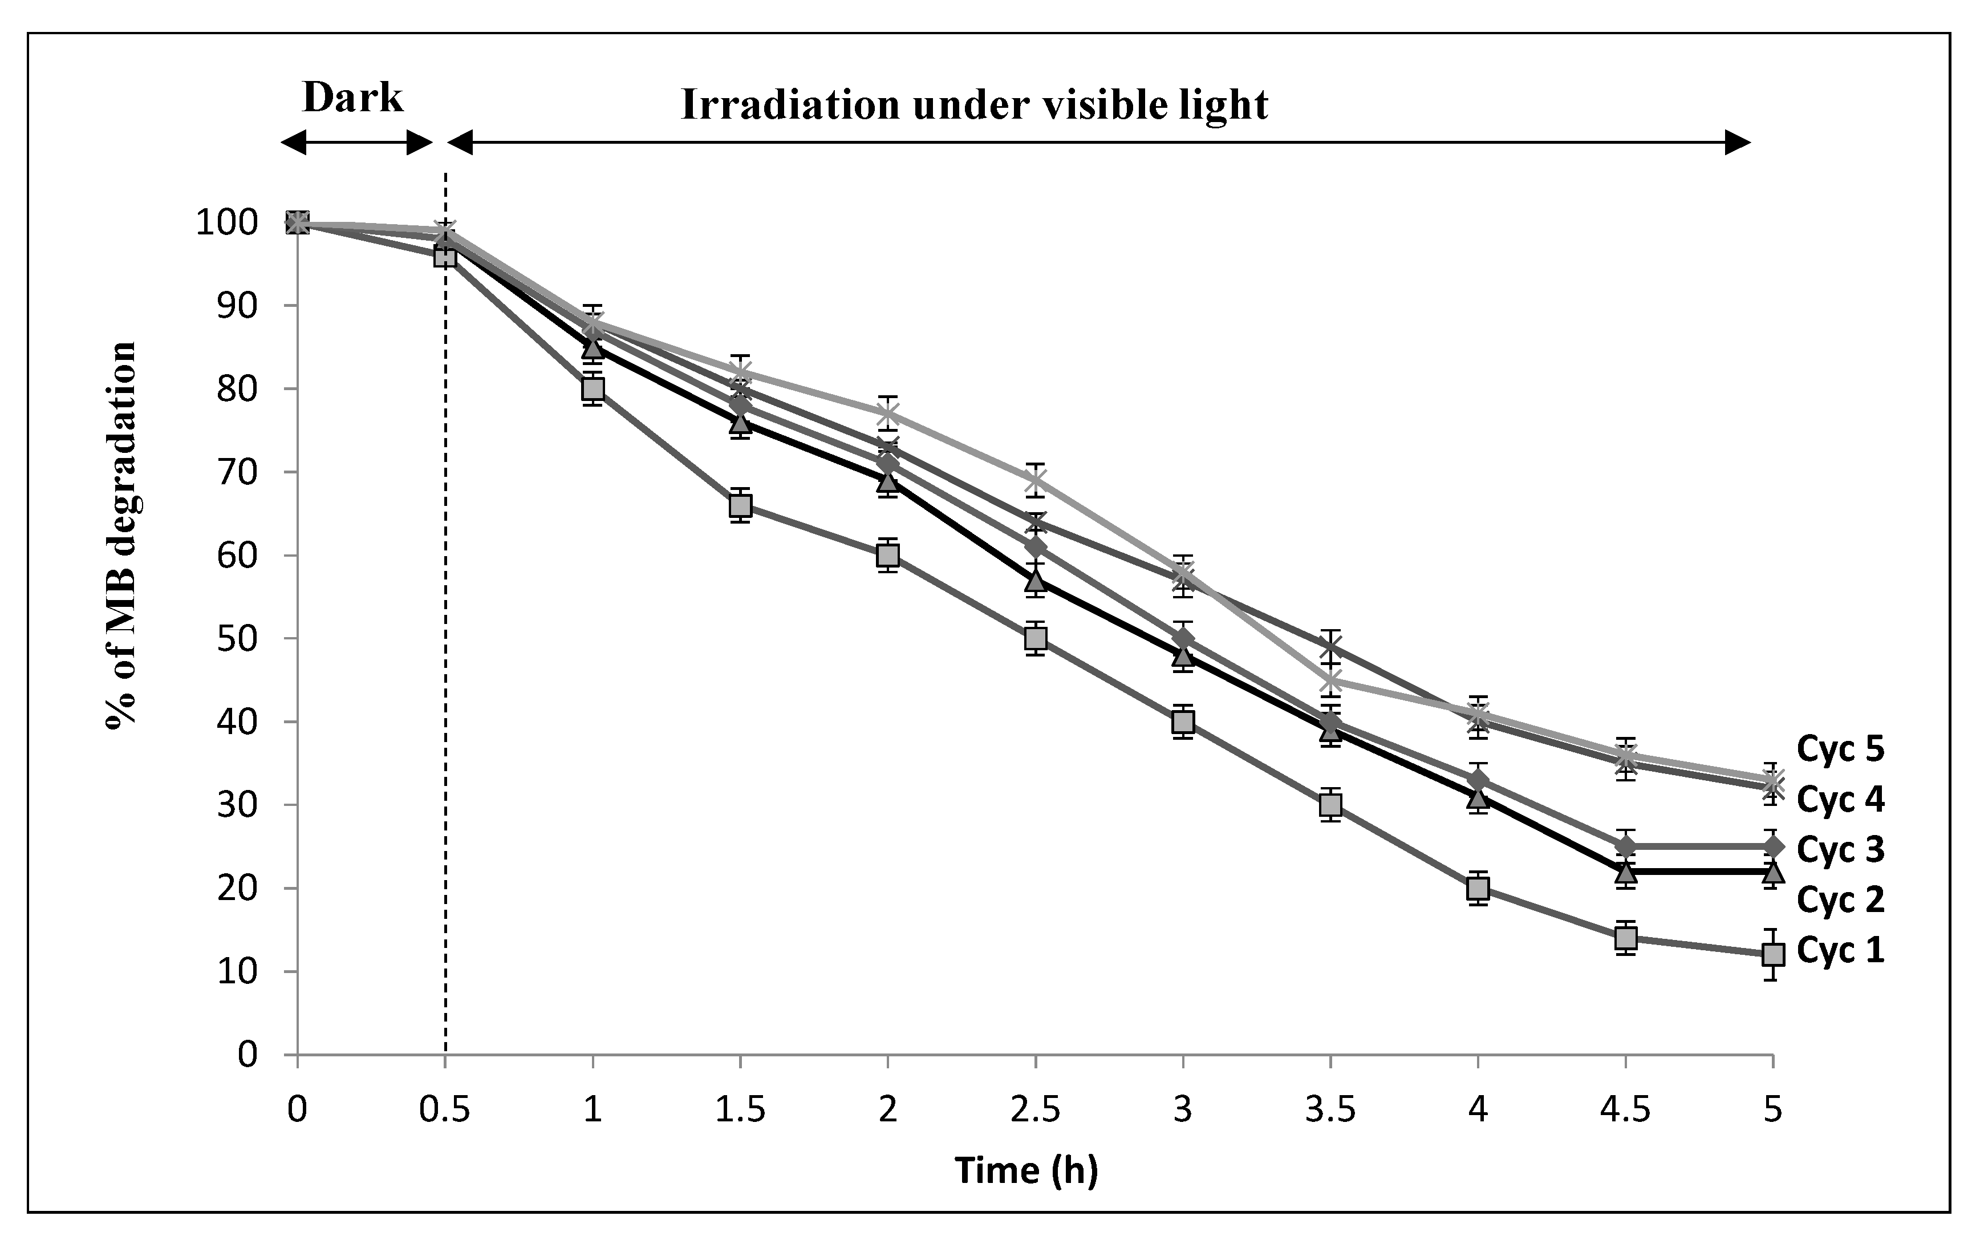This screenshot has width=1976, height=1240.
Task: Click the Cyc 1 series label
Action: click(x=1840, y=950)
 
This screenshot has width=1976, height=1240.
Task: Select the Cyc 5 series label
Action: click(x=1840, y=748)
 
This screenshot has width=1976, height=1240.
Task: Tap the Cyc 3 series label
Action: click(x=1840, y=850)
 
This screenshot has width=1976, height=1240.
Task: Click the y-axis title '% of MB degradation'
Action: click(x=121, y=534)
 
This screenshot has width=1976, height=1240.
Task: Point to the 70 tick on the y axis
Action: click(x=237, y=472)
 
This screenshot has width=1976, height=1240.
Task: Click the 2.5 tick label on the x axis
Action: click(x=1034, y=1111)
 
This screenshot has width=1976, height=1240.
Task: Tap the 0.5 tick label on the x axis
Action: click(x=444, y=1111)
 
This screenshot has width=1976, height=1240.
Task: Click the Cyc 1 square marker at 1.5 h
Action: click(x=740, y=506)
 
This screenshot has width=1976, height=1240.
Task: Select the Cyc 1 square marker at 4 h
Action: click(x=1478, y=888)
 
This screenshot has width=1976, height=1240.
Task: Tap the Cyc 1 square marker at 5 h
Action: click(x=1772, y=955)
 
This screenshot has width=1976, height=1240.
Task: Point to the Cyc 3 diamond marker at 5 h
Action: click(x=1772, y=845)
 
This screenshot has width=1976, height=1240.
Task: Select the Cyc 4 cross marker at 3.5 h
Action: click(x=1330, y=647)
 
